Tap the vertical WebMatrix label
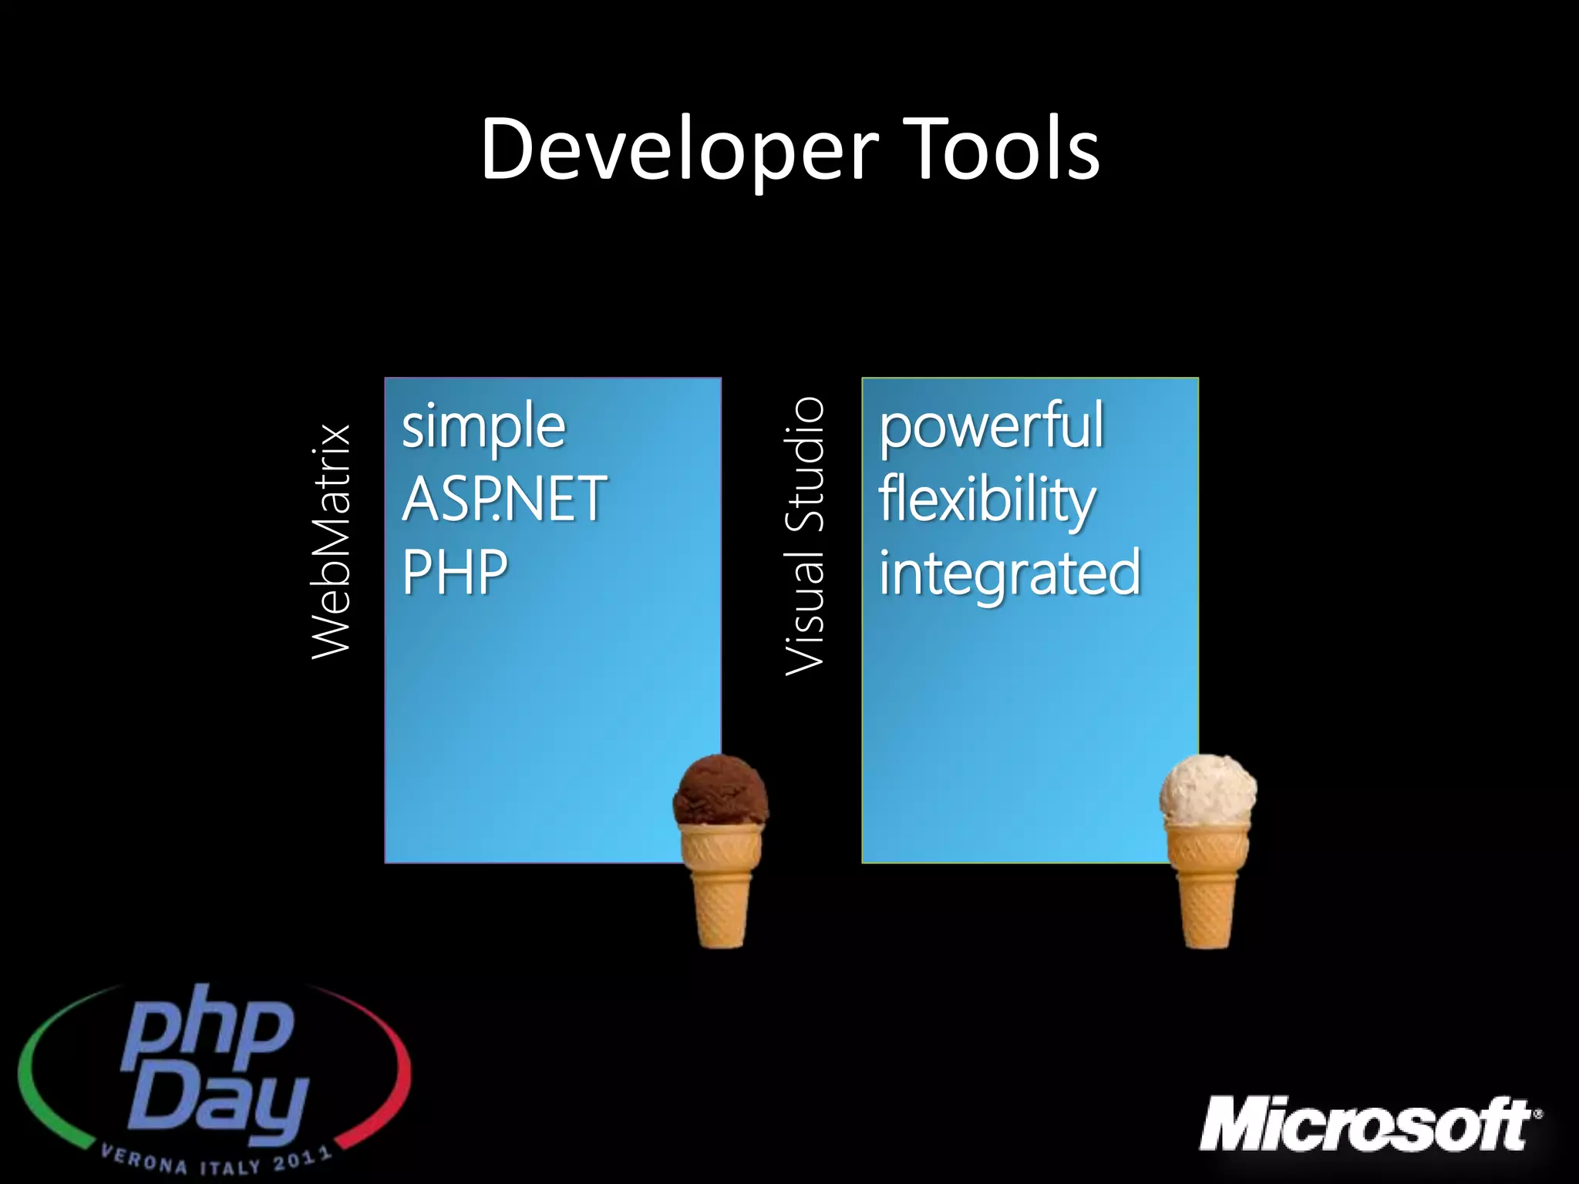(x=332, y=541)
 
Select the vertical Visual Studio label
(x=804, y=536)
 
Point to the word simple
(x=483, y=428)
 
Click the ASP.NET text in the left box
(x=504, y=499)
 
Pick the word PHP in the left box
(x=455, y=572)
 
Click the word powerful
(x=992, y=428)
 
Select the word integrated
(x=1009, y=573)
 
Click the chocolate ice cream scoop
(x=720, y=790)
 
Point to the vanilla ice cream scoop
(x=1207, y=789)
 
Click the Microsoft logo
(x=1365, y=1125)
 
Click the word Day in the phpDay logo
(x=218, y=1104)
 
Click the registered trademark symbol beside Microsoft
(x=1538, y=1113)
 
